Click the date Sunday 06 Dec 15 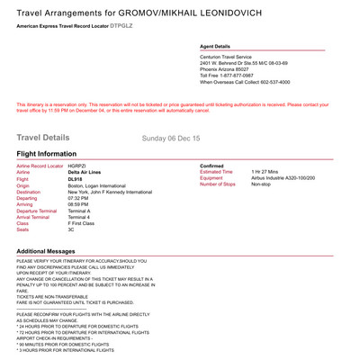point(174,139)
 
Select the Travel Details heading point(42,138)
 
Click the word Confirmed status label point(214,166)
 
